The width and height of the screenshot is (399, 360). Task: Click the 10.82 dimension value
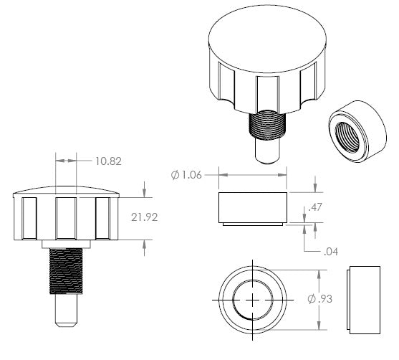tap(108, 161)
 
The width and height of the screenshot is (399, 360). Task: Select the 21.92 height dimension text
tap(144, 217)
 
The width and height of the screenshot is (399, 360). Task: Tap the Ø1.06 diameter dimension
tap(186, 175)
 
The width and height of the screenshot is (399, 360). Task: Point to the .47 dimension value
tap(315, 207)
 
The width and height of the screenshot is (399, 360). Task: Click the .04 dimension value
tap(331, 252)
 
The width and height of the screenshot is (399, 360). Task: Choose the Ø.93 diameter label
tap(320, 298)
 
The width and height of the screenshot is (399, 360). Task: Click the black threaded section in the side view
tap(66, 271)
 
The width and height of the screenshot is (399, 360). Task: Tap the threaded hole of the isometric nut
tap(347, 137)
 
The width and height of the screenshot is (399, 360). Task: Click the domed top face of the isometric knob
tap(267, 39)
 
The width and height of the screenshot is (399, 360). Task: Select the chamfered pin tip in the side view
tap(66, 325)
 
